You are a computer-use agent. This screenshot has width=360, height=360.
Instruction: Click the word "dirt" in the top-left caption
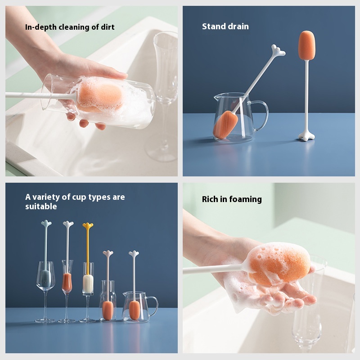[x=108, y=27]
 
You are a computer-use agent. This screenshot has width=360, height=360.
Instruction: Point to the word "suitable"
[x=41, y=207]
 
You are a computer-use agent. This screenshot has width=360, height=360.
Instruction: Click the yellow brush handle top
[x=88, y=225]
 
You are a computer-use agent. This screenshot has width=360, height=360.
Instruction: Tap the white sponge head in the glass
[x=88, y=283]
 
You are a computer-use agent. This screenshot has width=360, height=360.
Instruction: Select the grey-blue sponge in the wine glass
[x=45, y=278]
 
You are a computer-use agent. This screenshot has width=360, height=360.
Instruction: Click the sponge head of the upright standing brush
[x=306, y=45]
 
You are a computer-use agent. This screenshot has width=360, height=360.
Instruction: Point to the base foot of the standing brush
[x=306, y=136]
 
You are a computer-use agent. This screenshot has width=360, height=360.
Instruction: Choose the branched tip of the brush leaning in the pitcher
[x=278, y=50]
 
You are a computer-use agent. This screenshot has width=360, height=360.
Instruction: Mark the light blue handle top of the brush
[x=46, y=223]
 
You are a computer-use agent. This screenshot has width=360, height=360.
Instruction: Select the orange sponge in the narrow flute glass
[x=67, y=283]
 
